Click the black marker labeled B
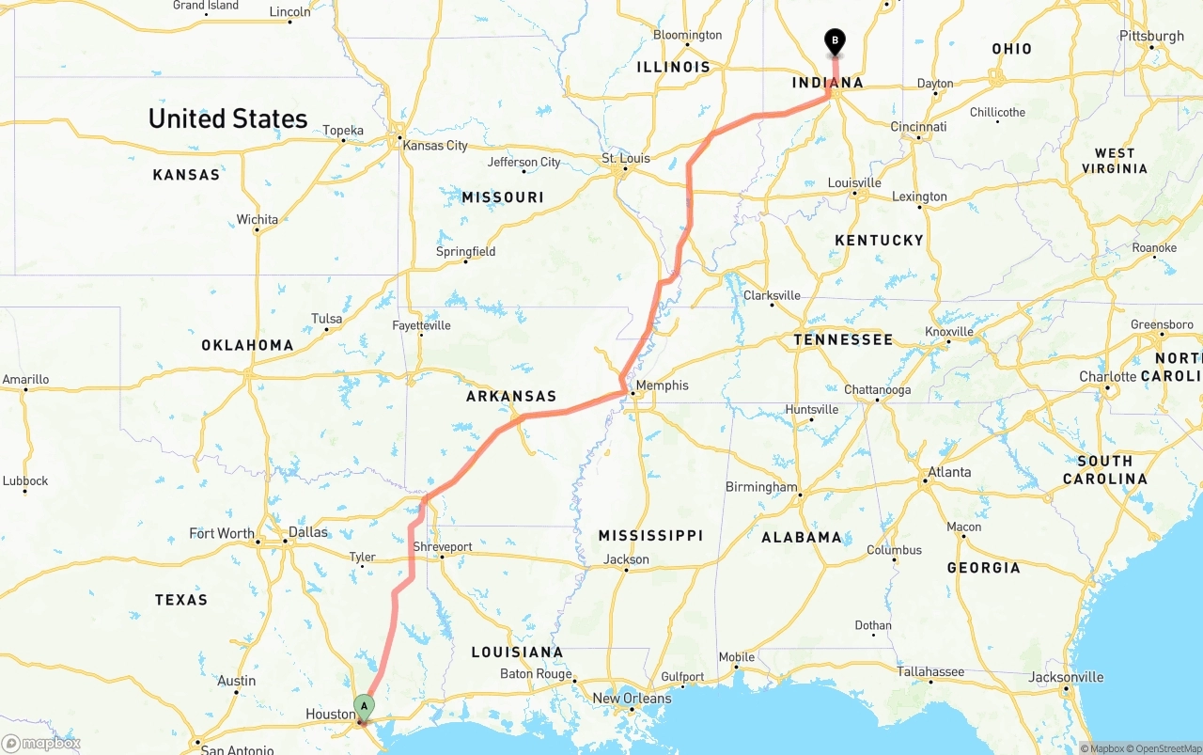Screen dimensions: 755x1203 [835, 41]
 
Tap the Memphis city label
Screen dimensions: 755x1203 [662, 385]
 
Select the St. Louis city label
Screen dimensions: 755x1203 [626, 158]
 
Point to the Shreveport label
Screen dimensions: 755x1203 [443, 546]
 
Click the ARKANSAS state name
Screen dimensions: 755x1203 [511, 397]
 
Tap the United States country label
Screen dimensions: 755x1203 [227, 118]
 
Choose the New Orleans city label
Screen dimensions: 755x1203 [632, 699]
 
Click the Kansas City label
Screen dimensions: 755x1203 [434, 146]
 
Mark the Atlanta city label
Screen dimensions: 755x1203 [949, 472]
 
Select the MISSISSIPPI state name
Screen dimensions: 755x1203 [650, 535]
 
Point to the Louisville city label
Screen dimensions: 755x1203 [854, 182]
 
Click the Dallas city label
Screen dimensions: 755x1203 [308, 532]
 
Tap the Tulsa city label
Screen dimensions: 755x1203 [326, 319]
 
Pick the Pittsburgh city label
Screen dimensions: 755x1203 [1151, 37]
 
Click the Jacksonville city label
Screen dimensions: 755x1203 [1066, 677]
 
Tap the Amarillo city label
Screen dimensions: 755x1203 [25, 380]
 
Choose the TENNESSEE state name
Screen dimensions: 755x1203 [843, 339]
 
